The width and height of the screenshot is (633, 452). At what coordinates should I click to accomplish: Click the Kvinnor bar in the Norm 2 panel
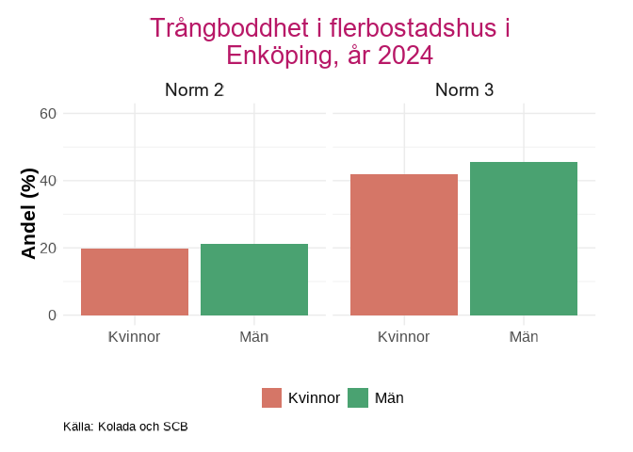point(135,282)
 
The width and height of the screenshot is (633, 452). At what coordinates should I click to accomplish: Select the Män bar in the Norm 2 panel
point(254,280)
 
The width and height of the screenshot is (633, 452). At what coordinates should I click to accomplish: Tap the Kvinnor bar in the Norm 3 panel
point(404,245)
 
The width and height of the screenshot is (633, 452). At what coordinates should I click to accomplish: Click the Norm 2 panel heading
point(194,90)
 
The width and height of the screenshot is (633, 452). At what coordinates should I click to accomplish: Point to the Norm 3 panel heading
point(464,90)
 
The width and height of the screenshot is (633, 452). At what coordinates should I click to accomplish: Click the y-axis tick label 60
point(48,114)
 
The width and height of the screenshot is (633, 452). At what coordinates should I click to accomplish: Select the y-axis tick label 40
point(48,181)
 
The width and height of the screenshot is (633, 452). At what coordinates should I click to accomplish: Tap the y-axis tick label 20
point(48,249)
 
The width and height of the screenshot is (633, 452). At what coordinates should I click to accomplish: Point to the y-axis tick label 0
point(53,315)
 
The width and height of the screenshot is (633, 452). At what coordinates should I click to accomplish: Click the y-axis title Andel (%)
point(28,214)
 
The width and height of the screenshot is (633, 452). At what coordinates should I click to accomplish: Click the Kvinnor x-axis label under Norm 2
point(135,336)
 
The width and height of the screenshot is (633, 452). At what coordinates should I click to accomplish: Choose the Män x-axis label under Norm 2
point(254,336)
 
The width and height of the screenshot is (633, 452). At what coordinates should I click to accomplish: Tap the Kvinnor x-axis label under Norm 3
point(404,336)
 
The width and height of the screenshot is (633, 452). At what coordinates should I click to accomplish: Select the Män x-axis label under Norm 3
point(524,336)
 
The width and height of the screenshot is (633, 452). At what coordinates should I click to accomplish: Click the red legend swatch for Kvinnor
point(272,398)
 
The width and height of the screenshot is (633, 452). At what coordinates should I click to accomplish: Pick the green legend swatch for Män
point(359,398)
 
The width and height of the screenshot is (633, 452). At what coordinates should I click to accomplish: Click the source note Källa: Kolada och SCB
point(125,427)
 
